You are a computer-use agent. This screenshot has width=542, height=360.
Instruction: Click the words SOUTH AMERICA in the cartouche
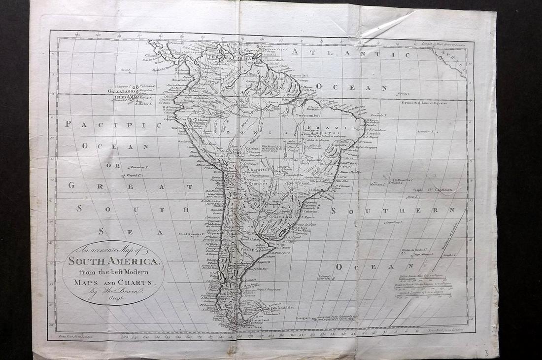coord(114,261)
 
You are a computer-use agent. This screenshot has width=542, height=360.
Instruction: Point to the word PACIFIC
coord(113,125)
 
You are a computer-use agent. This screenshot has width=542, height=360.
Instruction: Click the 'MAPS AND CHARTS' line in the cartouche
coord(113,282)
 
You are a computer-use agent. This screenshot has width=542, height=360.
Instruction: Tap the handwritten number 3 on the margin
coord(486,352)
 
